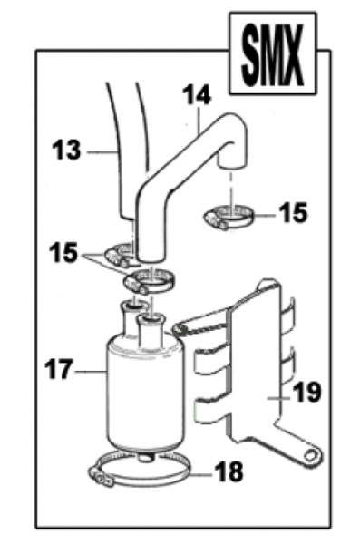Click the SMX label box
click(273, 53)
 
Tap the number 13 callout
click(66, 151)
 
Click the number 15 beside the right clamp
click(293, 212)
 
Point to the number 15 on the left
click(63, 253)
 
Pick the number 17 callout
click(59, 369)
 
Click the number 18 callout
click(229, 471)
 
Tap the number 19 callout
click(306, 392)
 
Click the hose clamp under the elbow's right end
click(229, 218)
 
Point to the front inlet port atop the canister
click(151, 330)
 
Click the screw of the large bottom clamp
click(102, 478)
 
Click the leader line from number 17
click(90, 372)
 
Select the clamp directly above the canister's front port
click(150, 280)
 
